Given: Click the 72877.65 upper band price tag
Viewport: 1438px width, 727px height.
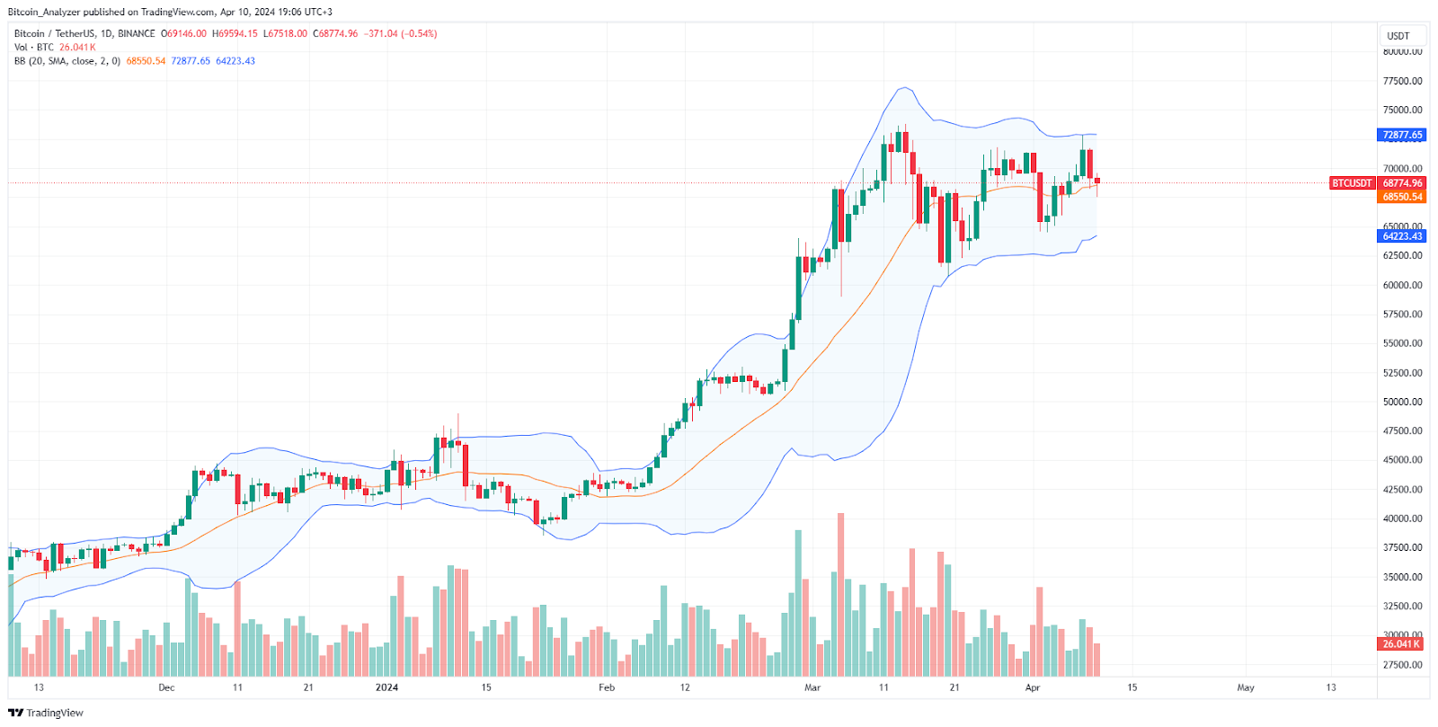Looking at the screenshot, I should (x=1402, y=135).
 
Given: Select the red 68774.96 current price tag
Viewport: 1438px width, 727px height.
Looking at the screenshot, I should (x=1402, y=183).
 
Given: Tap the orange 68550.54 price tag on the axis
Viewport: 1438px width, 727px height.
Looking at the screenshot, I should (x=1402, y=197).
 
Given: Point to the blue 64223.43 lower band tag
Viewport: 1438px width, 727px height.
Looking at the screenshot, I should (x=1402, y=236).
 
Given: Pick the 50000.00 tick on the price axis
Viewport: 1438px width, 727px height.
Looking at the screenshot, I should (x=1402, y=402).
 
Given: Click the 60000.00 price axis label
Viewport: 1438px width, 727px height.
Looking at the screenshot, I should (x=1402, y=285).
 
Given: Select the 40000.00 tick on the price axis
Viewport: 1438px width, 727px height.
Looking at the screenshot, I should (x=1402, y=519).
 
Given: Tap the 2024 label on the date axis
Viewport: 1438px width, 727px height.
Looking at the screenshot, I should (x=386, y=687).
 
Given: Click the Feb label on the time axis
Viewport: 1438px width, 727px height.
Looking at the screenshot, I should (x=607, y=687).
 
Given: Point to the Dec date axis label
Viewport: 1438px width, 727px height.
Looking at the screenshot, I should (x=166, y=687).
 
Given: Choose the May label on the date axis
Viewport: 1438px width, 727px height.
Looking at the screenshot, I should (x=1246, y=687).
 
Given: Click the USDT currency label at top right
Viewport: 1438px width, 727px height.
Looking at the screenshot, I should (x=1398, y=36).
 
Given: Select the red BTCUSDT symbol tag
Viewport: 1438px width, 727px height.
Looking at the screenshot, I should (x=1352, y=183).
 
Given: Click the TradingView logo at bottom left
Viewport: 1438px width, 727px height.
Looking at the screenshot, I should (x=46, y=713).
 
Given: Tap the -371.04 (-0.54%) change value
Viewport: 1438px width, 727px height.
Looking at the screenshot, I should (x=401, y=33).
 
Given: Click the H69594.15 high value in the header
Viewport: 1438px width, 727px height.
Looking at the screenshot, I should (x=235, y=33).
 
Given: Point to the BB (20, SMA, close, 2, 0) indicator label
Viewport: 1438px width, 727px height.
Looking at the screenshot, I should (x=67, y=61).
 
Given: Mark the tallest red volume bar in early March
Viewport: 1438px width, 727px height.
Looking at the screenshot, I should (x=841, y=593).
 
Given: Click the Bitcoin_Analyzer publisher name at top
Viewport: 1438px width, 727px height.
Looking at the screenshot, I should (x=44, y=12).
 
